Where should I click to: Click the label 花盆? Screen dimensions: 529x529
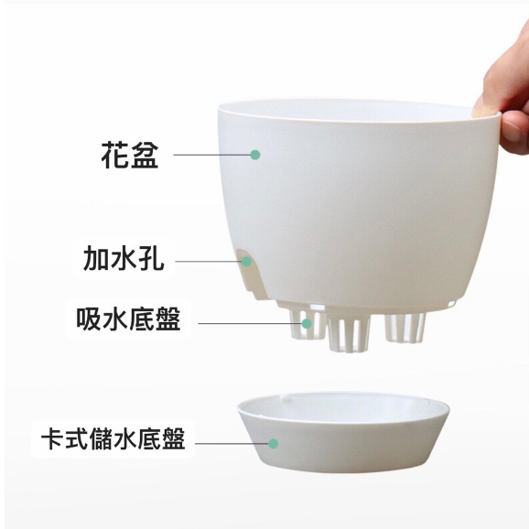[130, 155]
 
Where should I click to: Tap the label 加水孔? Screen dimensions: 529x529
[124, 258]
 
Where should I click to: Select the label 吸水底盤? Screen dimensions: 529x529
[128, 318]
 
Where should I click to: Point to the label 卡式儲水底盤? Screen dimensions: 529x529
[113, 438]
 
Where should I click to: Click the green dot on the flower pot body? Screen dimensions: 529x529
[255, 155]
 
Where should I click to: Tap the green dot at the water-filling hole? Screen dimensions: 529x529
[246, 261]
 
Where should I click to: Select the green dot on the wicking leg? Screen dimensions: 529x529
[307, 324]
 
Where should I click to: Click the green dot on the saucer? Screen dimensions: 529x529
[274, 443]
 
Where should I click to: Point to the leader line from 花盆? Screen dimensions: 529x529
[212, 155]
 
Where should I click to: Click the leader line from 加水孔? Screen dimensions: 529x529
[209, 261]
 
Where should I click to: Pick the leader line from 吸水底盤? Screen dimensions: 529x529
[250, 324]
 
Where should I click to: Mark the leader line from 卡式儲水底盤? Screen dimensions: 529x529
[232, 443]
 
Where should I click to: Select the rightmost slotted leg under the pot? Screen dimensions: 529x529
[405, 328]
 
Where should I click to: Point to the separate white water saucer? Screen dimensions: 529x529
[343, 433]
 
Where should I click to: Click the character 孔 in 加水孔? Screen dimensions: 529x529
[152, 258]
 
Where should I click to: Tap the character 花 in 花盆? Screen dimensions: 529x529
[115, 155]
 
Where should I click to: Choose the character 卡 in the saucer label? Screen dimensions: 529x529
[53, 438]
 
